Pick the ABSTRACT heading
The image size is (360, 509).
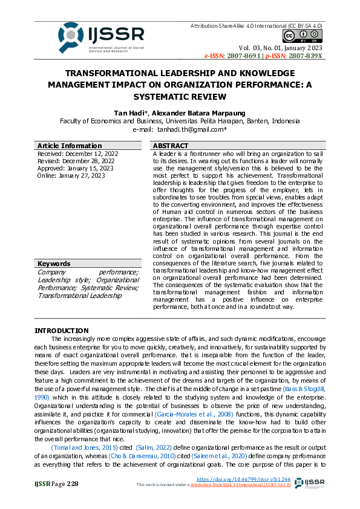pos(171,146)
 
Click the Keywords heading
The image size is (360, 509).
pos(54,264)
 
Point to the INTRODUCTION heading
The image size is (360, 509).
pos(61,331)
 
